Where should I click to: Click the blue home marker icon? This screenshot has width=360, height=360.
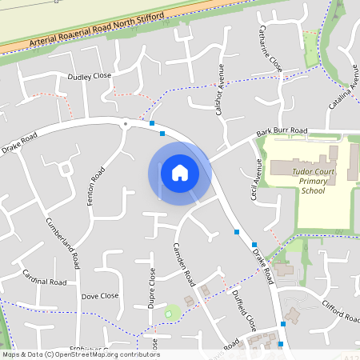(179, 173)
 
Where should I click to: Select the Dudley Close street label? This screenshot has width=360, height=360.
(89, 76)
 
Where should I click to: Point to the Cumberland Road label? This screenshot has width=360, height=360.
(62, 242)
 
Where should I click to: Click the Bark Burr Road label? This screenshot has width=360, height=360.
(282, 130)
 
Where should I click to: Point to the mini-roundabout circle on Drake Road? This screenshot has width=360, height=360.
(125, 124)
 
